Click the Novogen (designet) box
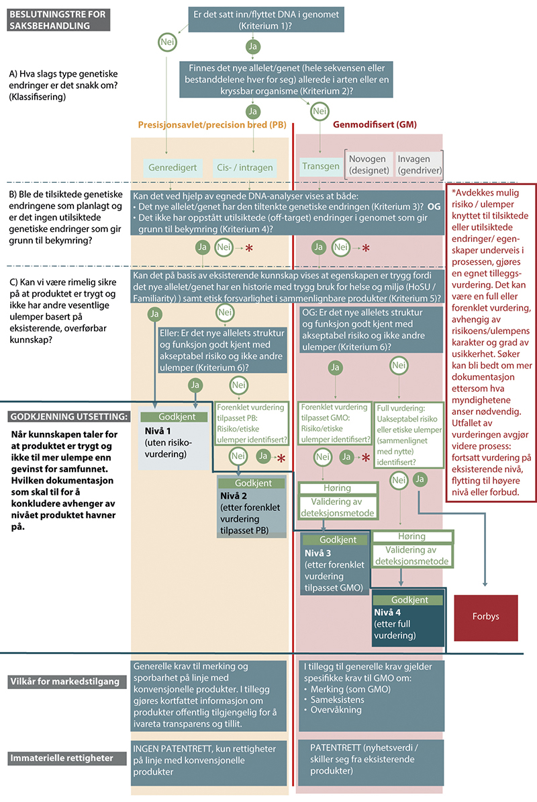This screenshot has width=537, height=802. click(367, 164)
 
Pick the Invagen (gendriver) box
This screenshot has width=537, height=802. click(418, 164)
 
